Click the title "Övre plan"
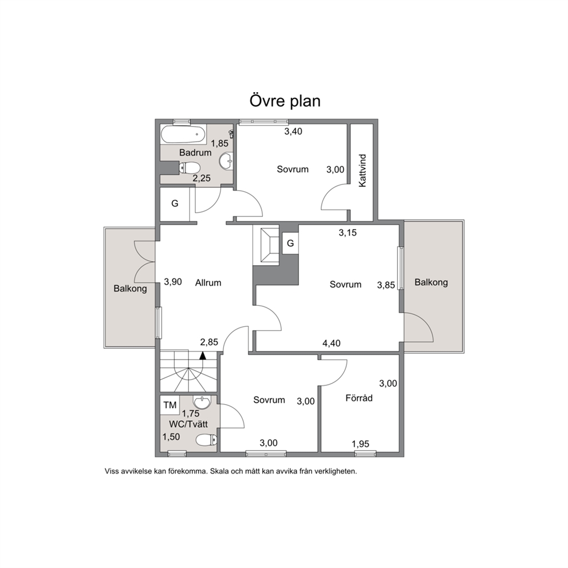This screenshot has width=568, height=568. [285, 101]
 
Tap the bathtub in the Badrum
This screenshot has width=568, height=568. [183, 134]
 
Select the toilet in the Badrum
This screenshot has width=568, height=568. [190, 168]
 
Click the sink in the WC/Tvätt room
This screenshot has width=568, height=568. [202, 402]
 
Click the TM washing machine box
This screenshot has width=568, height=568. [170, 405]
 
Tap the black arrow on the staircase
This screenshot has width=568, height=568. [203, 356]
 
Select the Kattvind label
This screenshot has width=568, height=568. [362, 171]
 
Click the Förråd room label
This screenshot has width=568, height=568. [359, 398]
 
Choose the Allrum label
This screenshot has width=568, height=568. [208, 282]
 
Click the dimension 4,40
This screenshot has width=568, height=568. [332, 342]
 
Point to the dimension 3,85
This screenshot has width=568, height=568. [386, 285]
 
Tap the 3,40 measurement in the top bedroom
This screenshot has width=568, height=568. [293, 132]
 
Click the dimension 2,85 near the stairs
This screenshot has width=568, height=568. [209, 342]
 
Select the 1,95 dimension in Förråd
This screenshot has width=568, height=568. [360, 444]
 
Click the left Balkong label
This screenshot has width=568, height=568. [130, 289]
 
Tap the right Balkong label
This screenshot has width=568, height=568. [431, 282]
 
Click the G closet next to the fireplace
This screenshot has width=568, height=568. [290, 243]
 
